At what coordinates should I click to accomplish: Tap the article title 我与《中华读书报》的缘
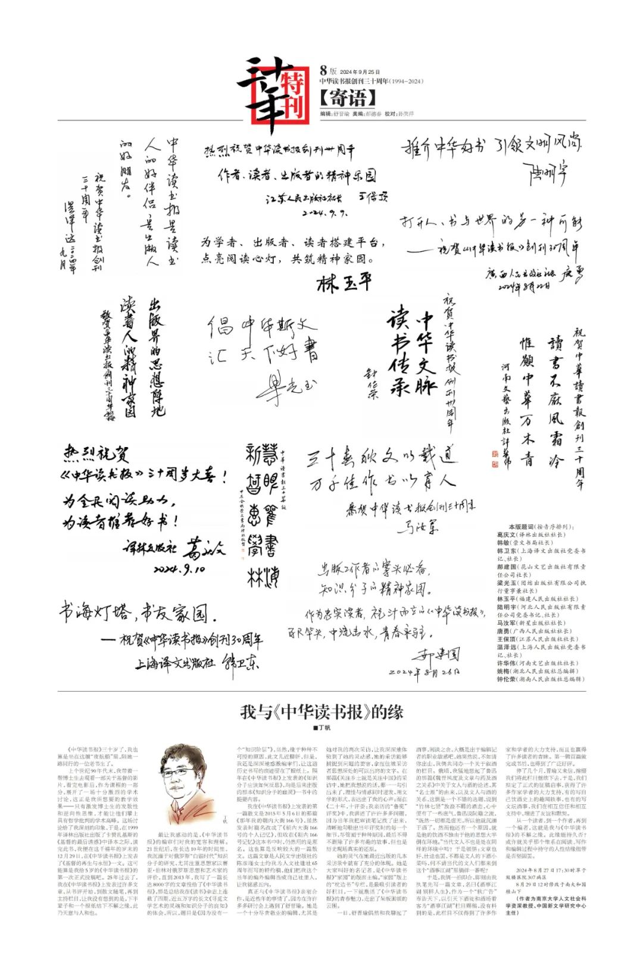tap(321, 712)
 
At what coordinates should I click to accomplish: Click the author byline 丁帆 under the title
tap(321, 727)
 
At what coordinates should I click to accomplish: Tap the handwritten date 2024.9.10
tap(180, 570)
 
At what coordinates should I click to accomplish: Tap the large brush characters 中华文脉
tap(425, 351)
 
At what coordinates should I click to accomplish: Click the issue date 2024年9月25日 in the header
tap(360, 72)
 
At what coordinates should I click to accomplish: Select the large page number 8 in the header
tap(323, 70)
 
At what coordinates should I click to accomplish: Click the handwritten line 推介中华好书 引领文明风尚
tap(491, 144)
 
